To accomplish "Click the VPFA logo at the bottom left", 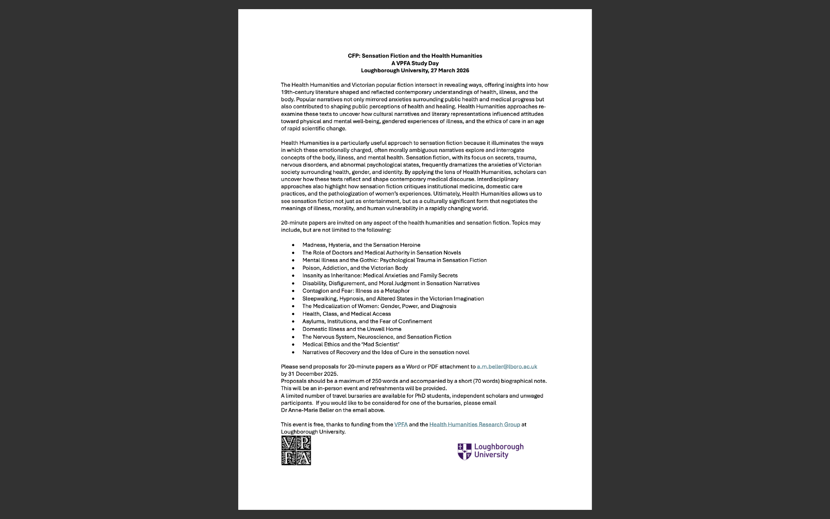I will (x=296, y=450).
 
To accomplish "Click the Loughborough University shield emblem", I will (x=464, y=451).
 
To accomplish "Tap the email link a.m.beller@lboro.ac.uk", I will (x=507, y=367).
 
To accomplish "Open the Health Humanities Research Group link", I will (x=474, y=424).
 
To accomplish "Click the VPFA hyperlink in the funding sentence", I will (x=400, y=424).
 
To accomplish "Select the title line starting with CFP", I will (x=415, y=56).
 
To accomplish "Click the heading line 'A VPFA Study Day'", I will (x=415, y=63).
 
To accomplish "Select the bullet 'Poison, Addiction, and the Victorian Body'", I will (x=355, y=268).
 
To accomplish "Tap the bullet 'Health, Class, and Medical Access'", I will (x=346, y=314).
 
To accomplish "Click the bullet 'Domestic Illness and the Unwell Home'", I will (x=352, y=329).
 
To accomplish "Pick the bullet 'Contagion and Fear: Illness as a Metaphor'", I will (x=356, y=291).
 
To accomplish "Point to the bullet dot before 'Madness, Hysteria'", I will (x=293, y=245).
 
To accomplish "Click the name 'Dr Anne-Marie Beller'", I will (x=307, y=410).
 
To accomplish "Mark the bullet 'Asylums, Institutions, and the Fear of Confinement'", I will (x=367, y=321).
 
